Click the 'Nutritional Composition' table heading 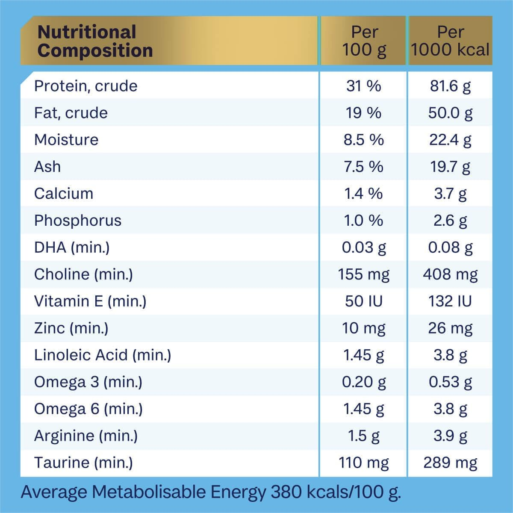95,41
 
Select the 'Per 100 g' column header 364,41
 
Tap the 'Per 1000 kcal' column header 450,41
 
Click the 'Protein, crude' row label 85,86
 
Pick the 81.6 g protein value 450,86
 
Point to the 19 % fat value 363,113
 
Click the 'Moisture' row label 66,140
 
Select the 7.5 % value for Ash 363,167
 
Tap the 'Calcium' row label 64,194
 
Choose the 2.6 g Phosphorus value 450,221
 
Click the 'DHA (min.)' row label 72,248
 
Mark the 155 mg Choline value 364,274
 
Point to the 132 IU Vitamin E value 450,301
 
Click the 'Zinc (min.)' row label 71,328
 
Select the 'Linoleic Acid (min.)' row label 103,355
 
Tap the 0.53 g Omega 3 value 450,382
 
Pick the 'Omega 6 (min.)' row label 88,409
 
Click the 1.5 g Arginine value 364,436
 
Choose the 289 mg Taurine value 450,463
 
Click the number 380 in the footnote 287,492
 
